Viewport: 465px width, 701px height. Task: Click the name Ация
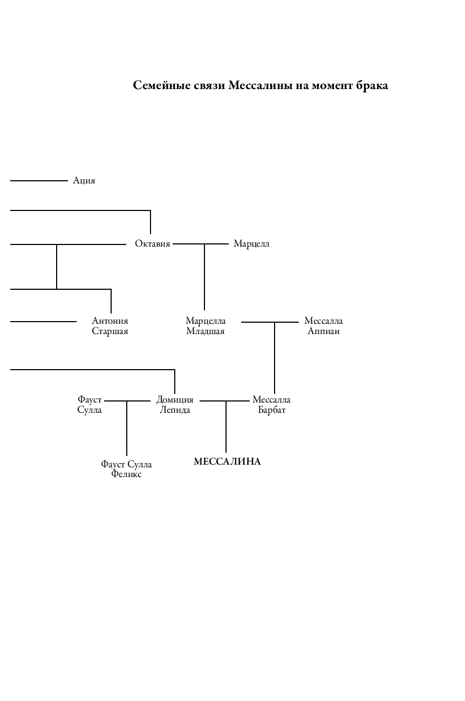[x=84, y=181]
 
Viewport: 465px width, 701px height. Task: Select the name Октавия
[x=152, y=244]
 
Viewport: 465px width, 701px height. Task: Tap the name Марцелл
[x=251, y=244]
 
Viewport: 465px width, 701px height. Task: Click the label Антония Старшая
[x=110, y=326]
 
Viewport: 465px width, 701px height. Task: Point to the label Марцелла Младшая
[x=206, y=326]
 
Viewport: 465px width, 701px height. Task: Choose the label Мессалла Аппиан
[x=324, y=326]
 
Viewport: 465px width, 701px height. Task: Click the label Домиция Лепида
[x=175, y=405]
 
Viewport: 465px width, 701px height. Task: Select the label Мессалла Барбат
[x=271, y=405]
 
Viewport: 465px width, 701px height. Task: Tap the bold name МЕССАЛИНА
[x=227, y=462]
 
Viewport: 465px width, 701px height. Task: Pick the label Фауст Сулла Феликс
[x=126, y=469]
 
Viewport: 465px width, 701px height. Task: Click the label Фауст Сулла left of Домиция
[x=90, y=405]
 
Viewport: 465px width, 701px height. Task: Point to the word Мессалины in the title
[x=261, y=86]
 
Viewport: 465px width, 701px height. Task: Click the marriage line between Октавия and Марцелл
[x=189, y=244]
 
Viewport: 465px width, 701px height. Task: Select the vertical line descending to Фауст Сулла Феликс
[x=127, y=429]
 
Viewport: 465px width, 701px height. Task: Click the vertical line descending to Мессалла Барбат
[x=275, y=359]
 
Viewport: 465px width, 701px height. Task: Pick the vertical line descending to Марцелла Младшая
[x=204, y=276]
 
